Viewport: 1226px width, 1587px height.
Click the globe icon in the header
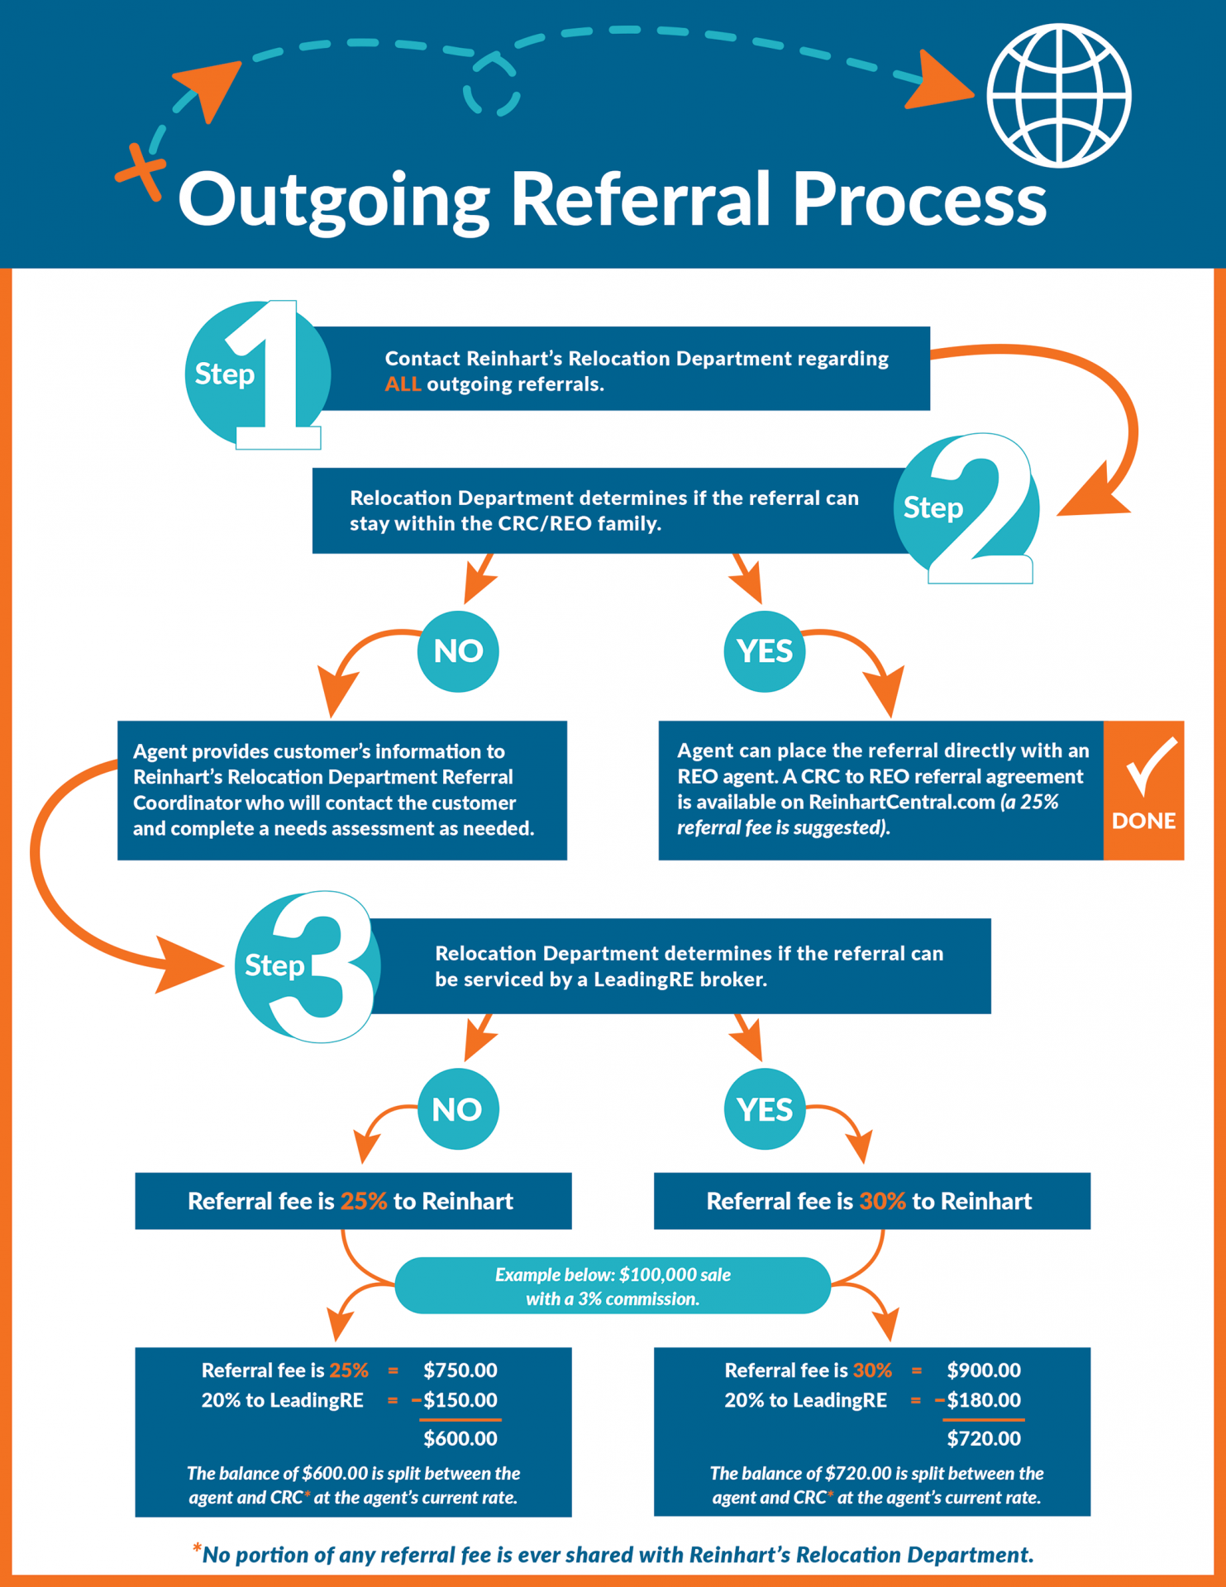[1059, 96]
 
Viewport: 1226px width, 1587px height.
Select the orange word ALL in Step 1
[403, 384]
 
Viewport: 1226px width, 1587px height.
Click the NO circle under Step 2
[458, 651]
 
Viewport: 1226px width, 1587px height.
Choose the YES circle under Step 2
[765, 651]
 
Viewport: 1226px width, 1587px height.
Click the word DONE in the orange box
[1143, 821]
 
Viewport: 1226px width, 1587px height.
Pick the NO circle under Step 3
[458, 1109]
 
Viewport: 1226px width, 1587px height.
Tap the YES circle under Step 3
[765, 1109]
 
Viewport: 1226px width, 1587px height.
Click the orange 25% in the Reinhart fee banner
[364, 1201]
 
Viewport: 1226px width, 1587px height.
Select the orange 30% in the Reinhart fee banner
[882, 1201]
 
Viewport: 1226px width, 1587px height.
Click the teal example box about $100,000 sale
[613, 1286]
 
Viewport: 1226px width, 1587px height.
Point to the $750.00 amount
[460, 1370]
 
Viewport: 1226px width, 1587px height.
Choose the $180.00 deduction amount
[983, 1400]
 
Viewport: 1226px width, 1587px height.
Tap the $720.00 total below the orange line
[983, 1438]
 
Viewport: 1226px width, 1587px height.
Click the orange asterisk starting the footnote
[197, 1549]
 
